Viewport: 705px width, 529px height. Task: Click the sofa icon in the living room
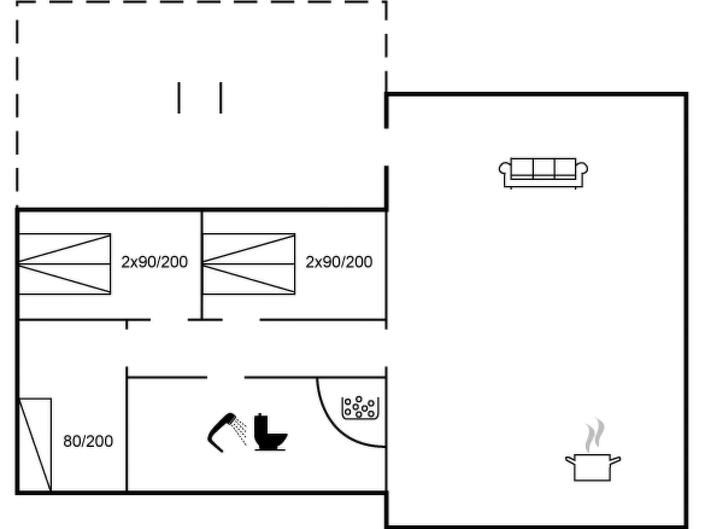pyautogui.click(x=543, y=173)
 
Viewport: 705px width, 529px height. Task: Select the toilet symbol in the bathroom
pyautogui.click(x=270, y=432)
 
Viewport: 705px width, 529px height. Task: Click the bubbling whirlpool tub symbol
pyautogui.click(x=360, y=408)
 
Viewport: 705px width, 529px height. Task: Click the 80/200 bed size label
pyautogui.click(x=88, y=441)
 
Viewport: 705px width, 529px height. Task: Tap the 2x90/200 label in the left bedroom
pyautogui.click(x=154, y=262)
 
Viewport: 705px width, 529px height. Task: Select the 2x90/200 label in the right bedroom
pyautogui.click(x=339, y=262)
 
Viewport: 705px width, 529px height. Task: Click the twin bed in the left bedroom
pyautogui.click(x=65, y=264)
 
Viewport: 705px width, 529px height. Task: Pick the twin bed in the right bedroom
pyautogui.click(x=249, y=264)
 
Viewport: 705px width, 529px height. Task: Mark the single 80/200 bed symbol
pyautogui.click(x=35, y=444)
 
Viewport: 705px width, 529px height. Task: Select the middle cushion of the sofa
pyautogui.click(x=544, y=168)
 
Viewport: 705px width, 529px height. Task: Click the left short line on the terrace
pyautogui.click(x=179, y=97)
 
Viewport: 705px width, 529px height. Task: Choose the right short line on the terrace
pyautogui.click(x=221, y=97)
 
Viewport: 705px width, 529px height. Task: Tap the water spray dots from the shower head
pyautogui.click(x=239, y=431)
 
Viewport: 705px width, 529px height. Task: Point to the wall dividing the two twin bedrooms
pyautogui.click(x=202, y=265)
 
